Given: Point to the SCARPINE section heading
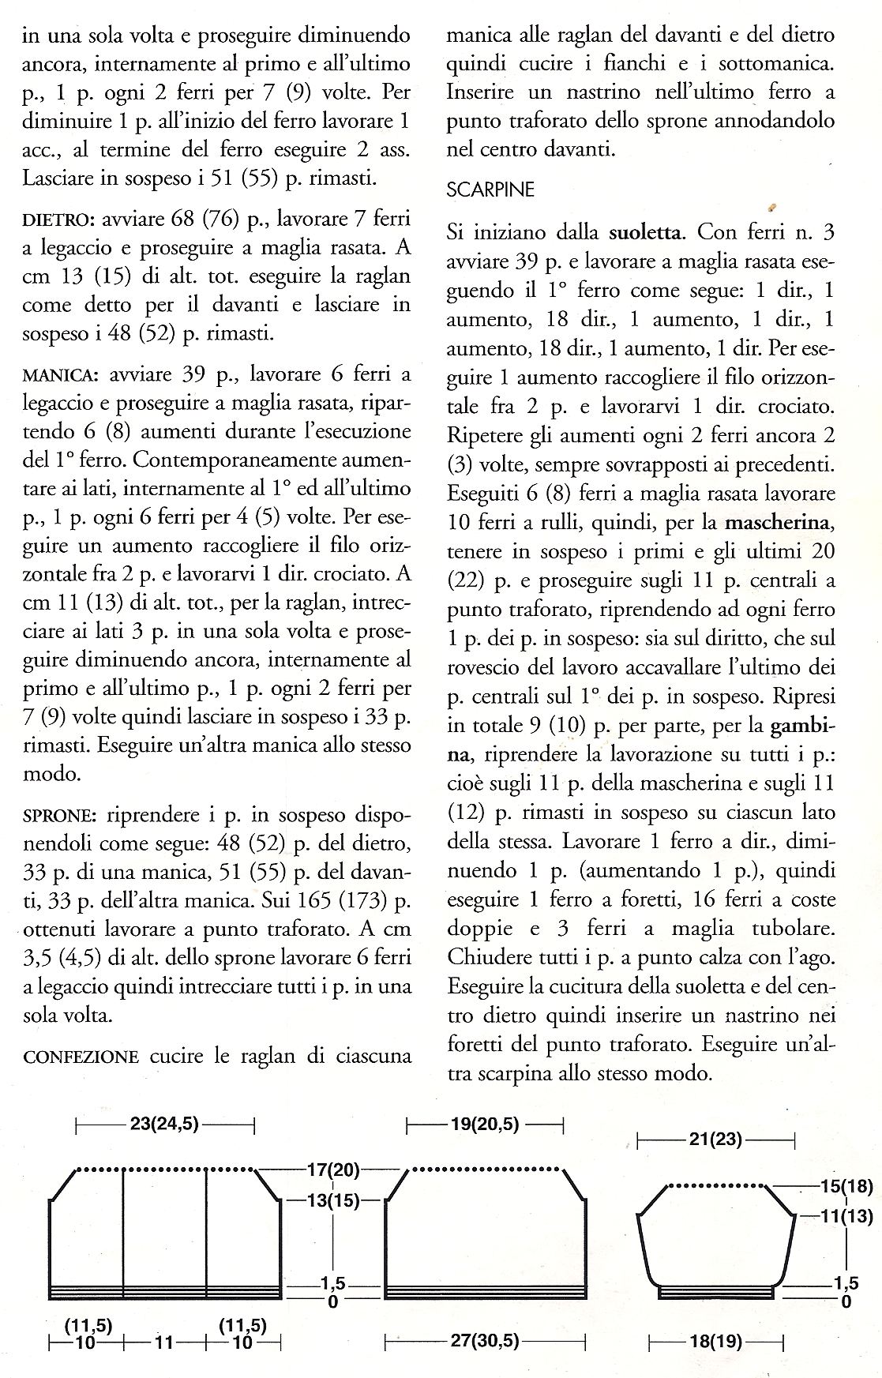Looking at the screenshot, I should pyautogui.click(x=490, y=190).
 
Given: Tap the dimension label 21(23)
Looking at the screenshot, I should pyautogui.click(x=715, y=1140).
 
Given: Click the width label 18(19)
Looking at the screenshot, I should pyautogui.click(x=715, y=1341).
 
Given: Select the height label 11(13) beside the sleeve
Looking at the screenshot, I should pyautogui.click(x=846, y=1217).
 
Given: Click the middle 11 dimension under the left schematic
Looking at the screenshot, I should pyautogui.click(x=166, y=1341).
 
